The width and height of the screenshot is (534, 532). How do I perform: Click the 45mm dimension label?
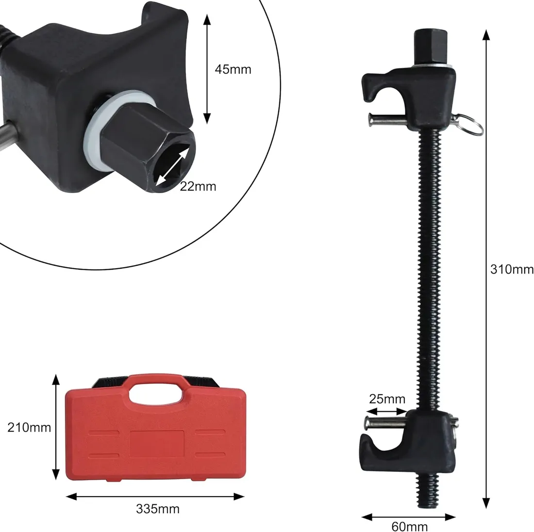coord(233,69)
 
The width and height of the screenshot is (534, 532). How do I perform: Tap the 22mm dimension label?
coord(198,186)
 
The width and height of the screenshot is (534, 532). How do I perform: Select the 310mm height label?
coord(512,270)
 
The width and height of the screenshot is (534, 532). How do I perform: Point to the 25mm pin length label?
coord(387,399)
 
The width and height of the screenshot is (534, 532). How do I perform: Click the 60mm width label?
coord(409,526)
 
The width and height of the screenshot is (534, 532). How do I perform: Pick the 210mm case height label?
coord(29,427)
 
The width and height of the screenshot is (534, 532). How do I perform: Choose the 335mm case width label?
coord(158,509)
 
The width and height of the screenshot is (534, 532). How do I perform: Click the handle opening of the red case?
coord(156,394)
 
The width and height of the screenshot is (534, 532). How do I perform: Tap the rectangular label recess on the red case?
coord(157,444)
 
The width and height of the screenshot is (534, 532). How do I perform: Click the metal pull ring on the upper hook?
coord(470,124)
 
